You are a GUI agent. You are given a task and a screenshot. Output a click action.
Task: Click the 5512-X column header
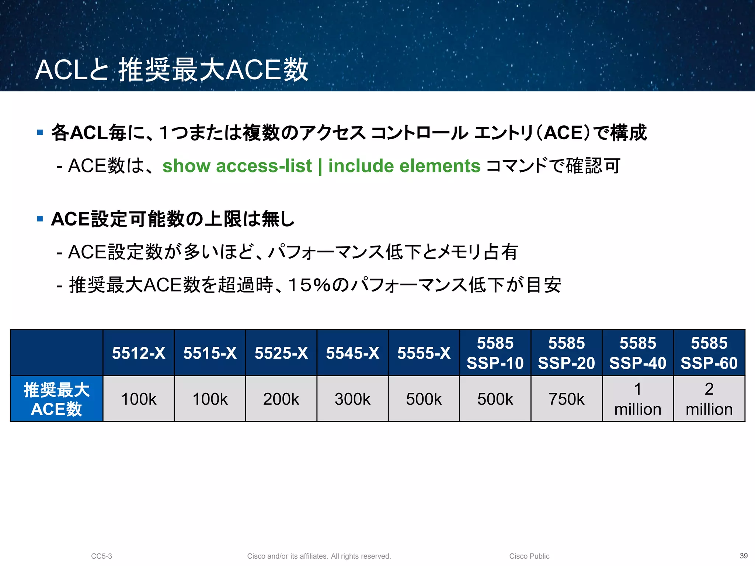[x=138, y=353]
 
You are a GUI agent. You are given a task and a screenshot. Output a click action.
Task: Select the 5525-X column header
[x=281, y=353]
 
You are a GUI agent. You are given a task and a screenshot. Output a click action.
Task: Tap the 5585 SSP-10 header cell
[x=495, y=353]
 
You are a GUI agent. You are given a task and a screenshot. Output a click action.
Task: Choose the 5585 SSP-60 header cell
[x=709, y=353]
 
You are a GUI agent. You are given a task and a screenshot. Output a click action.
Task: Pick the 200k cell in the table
[x=281, y=399]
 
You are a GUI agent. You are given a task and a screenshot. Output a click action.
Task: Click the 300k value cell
[x=352, y=399]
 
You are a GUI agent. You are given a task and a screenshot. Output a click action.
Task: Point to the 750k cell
[x=566, y=399]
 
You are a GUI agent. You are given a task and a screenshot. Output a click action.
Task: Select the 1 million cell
[x=637, y=399]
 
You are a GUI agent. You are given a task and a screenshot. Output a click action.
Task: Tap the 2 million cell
[x=709, y=399]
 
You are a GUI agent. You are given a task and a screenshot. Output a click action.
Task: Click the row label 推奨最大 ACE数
[x=56, y=399]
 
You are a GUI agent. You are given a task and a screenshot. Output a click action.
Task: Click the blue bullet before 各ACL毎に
[x=40, y=133]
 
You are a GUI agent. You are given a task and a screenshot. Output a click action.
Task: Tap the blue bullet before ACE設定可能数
[x=40, y=219]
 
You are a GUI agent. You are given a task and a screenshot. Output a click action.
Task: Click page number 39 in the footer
[x=744, y=556]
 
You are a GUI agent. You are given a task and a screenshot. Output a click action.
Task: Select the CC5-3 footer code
[x=101, y=556]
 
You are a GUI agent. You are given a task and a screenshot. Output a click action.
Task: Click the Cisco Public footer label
[x=529, y=556]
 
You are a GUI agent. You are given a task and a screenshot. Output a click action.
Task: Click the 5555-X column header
[x=424, y=353]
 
